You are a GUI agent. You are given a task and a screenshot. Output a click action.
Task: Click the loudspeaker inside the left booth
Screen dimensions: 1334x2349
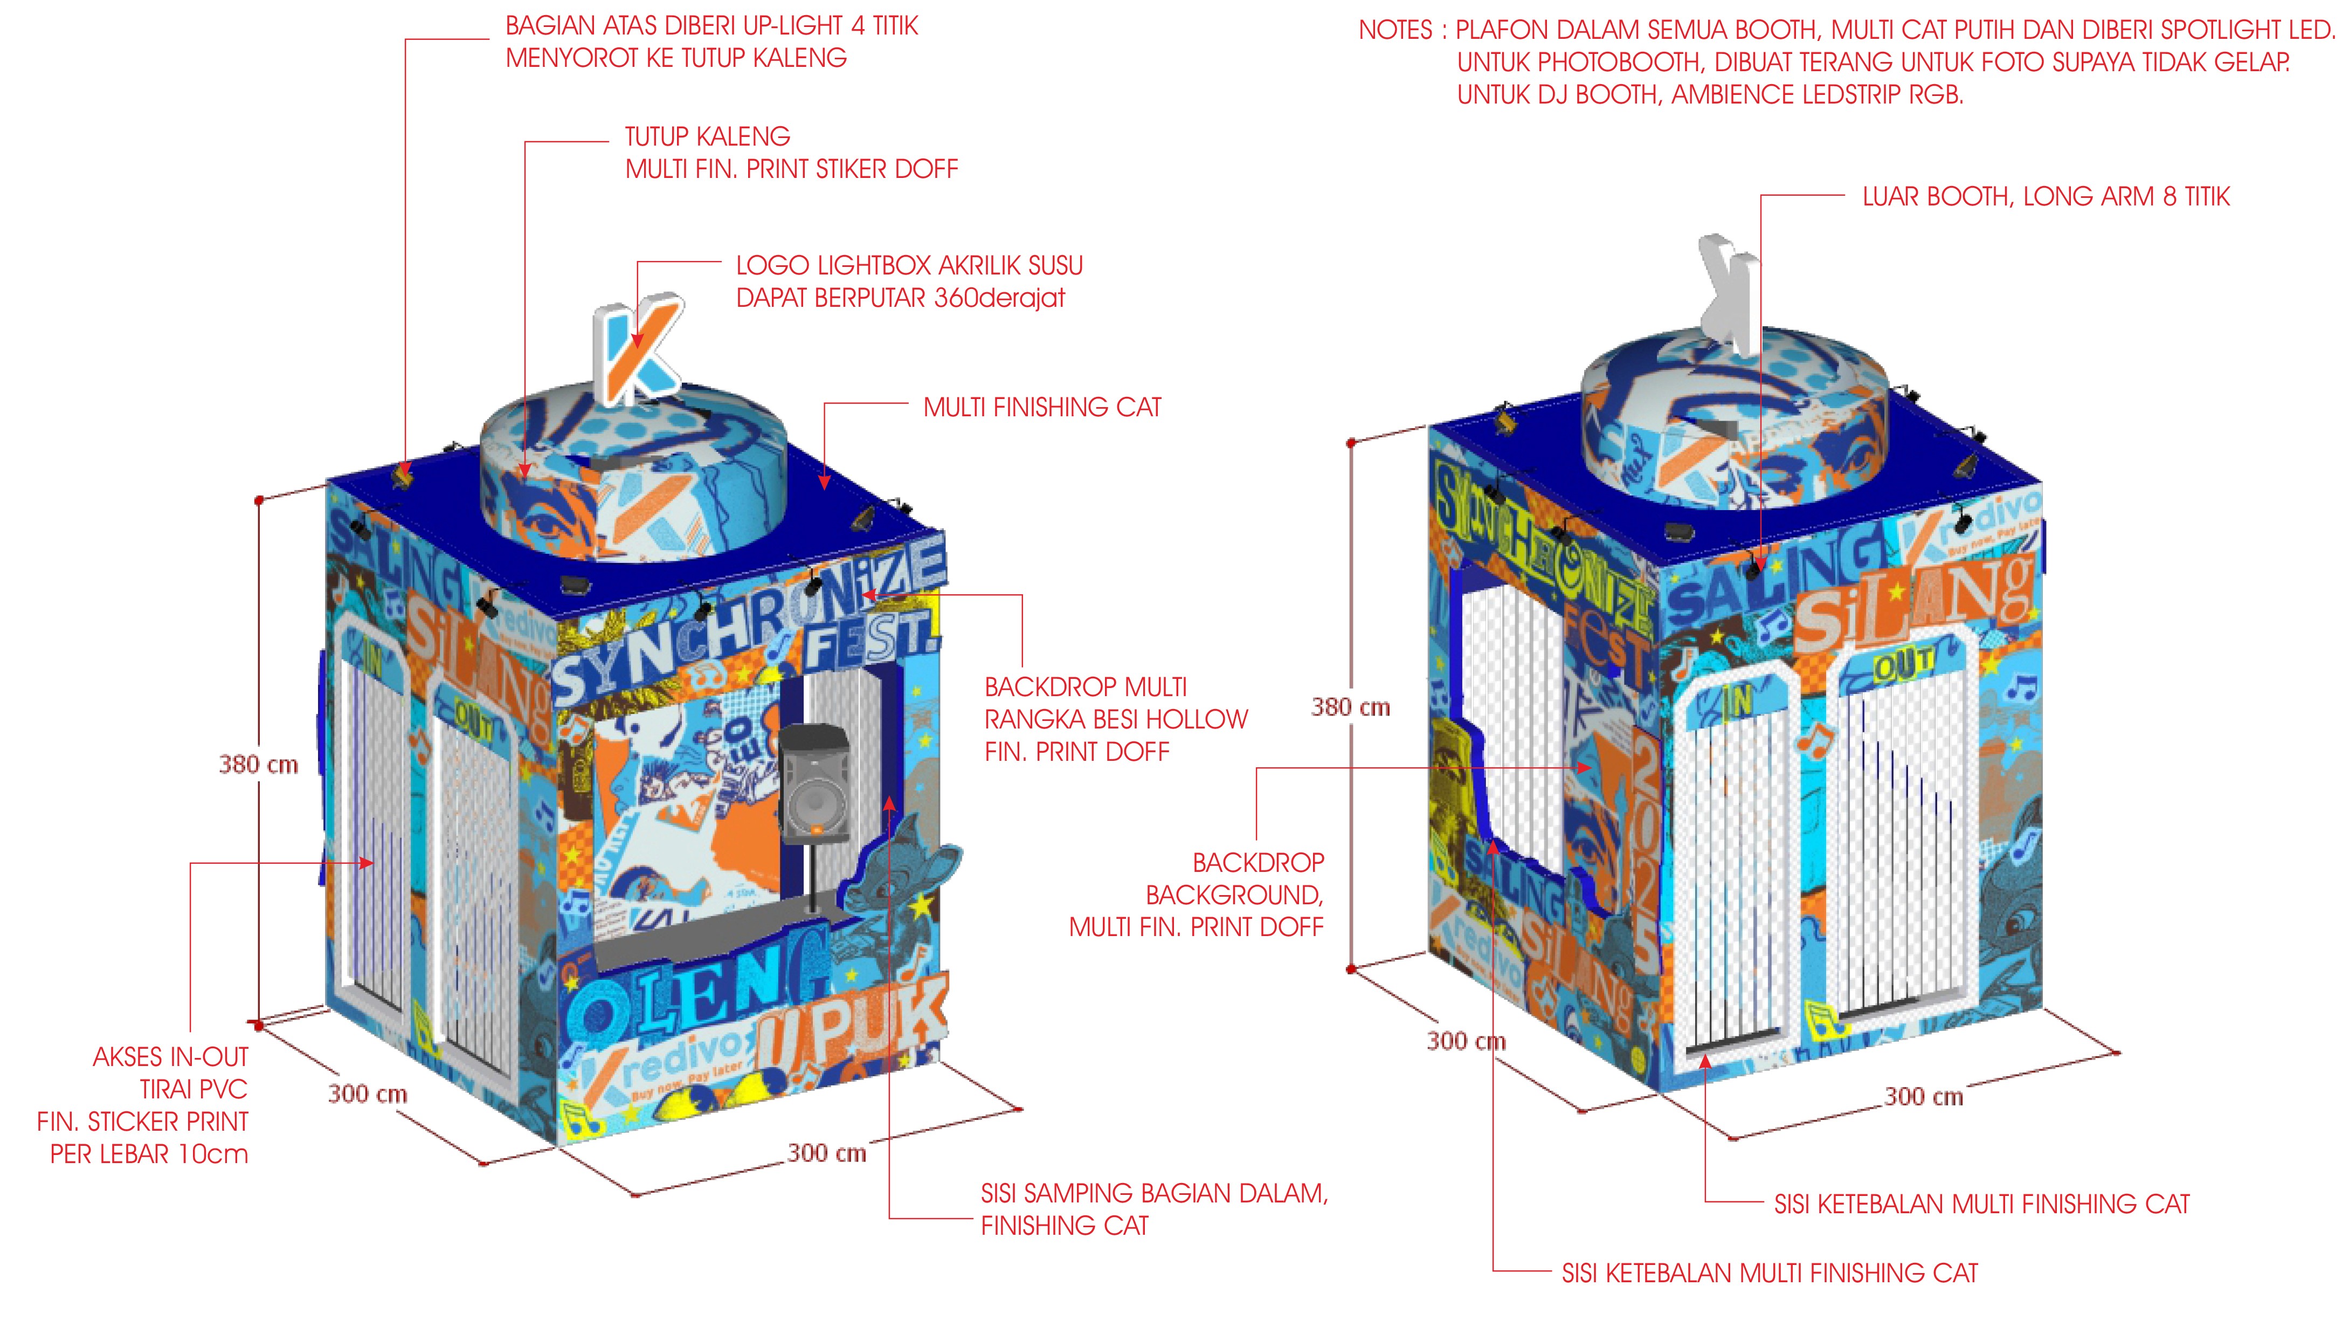[814, 783]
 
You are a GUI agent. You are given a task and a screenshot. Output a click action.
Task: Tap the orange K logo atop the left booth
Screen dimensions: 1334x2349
[638, 348]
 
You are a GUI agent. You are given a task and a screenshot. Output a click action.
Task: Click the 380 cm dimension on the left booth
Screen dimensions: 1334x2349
[258, 764]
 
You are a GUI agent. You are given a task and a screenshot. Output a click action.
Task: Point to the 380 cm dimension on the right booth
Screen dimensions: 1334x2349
[1350, 707]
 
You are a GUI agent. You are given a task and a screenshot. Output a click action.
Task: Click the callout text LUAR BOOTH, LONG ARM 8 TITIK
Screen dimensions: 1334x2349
[2045, 197]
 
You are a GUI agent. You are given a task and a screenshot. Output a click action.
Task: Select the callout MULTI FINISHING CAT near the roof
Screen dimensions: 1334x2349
[1041, 408]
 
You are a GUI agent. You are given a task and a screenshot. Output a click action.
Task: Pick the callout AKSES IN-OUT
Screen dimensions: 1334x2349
[170, 1057]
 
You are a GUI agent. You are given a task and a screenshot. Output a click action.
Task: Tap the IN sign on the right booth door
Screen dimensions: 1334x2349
[1736, 703]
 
